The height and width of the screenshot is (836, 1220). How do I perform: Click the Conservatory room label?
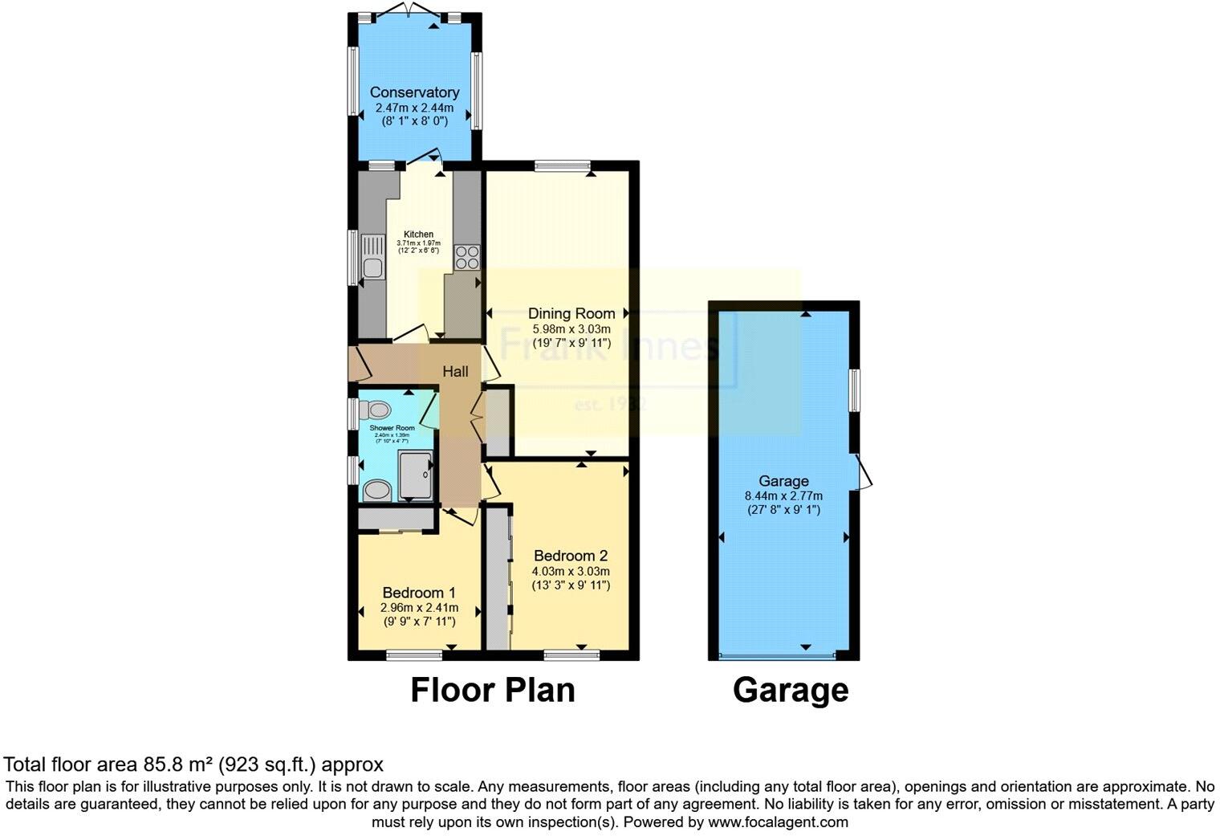414,92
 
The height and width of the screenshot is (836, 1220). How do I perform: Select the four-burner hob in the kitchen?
467,256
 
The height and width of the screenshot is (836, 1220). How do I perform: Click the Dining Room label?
571,313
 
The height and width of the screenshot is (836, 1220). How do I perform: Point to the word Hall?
456,371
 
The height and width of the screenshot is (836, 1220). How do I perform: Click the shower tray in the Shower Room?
416,475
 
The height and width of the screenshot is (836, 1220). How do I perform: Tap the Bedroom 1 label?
418,593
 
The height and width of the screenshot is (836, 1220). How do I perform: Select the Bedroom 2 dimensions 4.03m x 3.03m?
571,571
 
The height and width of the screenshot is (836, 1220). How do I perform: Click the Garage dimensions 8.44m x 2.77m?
783,495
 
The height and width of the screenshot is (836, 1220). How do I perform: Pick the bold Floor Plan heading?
493,690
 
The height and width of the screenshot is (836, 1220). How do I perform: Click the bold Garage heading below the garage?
791,690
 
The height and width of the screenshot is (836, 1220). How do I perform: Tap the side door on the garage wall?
864,471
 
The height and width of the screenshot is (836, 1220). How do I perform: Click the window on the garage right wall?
856,389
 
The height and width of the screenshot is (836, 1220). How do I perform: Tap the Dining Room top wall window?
562,166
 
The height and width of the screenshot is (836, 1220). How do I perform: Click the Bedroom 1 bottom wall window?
414,655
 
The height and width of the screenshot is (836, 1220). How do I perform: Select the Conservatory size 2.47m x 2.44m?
414,107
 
